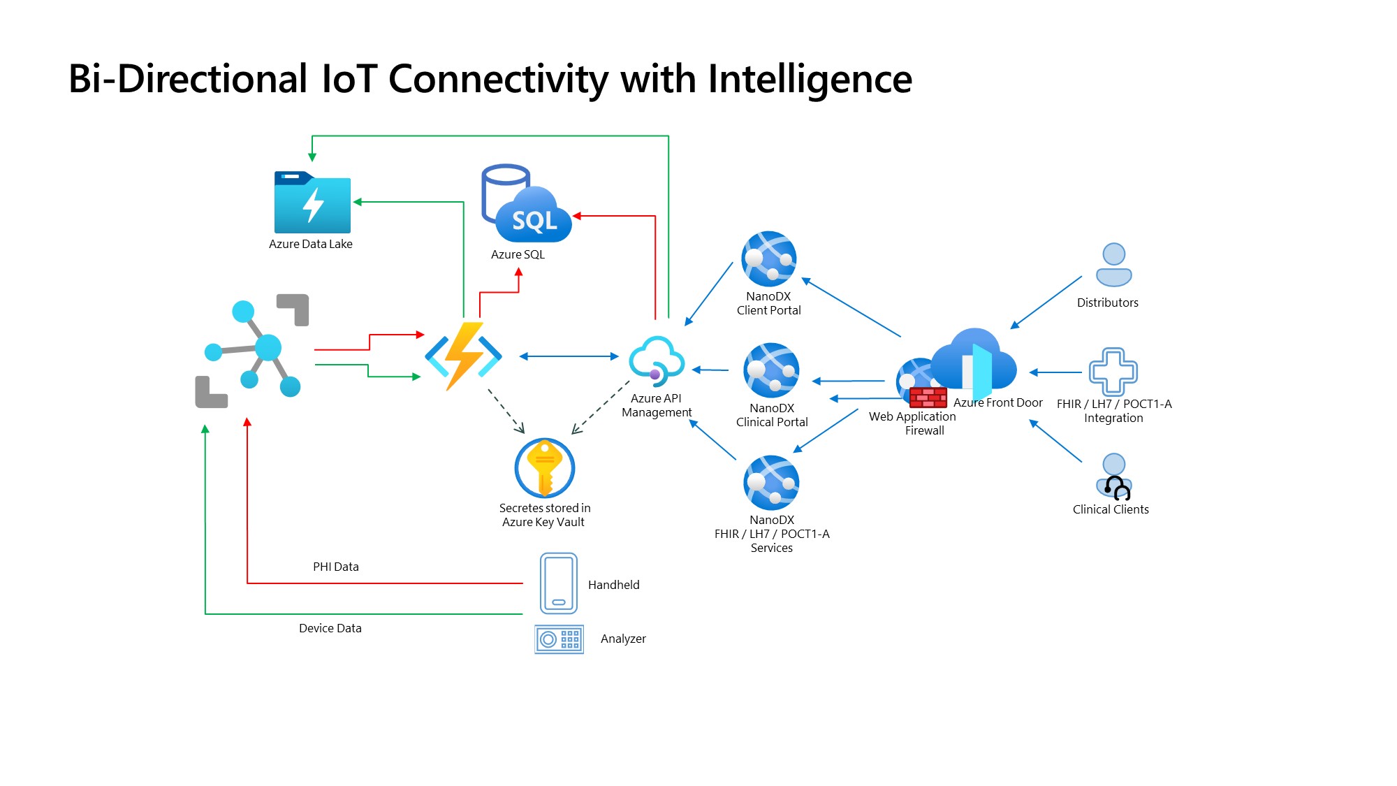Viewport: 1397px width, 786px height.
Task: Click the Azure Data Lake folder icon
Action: click(312, 203)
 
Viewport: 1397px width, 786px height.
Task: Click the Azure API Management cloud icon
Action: click(656, 361)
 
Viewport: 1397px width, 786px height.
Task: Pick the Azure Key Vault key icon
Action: click(545, 467)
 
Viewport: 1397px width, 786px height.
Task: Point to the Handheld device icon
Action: click(559, 583)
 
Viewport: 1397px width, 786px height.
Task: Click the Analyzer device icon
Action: click(559, 639)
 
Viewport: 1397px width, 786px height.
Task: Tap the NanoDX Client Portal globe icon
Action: click(769, 259)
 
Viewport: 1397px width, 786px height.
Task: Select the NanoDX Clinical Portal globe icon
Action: click(772, 370)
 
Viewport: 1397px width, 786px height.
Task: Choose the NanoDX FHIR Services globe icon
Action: click(772, 483)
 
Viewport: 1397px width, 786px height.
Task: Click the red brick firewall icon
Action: click(928, 398)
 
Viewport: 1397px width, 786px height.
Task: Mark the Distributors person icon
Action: click(1113, 265)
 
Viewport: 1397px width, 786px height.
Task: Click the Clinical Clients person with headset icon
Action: click(1114, 477)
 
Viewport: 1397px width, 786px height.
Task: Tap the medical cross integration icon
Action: click(1113, 371)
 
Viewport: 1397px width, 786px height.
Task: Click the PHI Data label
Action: click(336, 567)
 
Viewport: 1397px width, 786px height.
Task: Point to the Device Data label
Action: click(330, 628)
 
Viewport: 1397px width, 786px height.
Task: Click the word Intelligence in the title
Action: click(810, 79)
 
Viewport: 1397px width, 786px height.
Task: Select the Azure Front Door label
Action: click(997, 402)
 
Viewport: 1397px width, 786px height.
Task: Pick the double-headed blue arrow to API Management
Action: click(569, 356)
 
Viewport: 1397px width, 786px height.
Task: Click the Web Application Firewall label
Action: click(912, 423)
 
